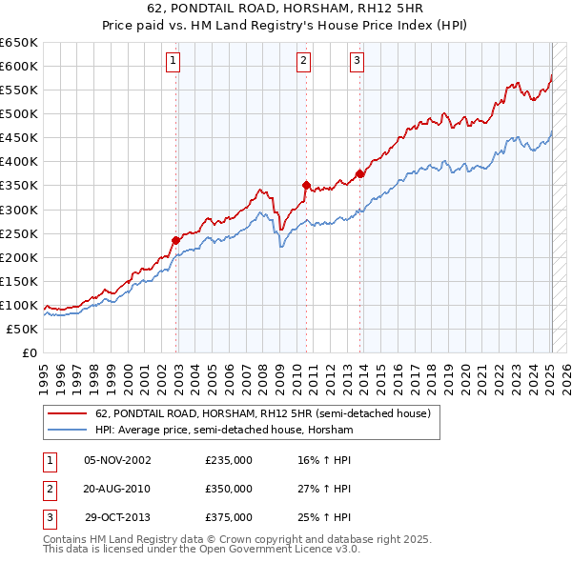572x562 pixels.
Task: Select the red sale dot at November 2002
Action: click(x=176, y=240)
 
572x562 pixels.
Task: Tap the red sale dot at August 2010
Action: click(x=306, y=185)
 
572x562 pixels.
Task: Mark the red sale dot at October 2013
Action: click(x=360, y=173)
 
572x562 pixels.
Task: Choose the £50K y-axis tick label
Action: click(x=23, y=329)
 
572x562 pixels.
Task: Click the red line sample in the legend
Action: click(x=68, y=413)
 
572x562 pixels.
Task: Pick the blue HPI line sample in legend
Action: click(x=68, y=431)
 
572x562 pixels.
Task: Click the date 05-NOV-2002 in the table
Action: click(x=117, y=461)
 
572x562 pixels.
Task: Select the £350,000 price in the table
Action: click(x=229, y=489)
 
